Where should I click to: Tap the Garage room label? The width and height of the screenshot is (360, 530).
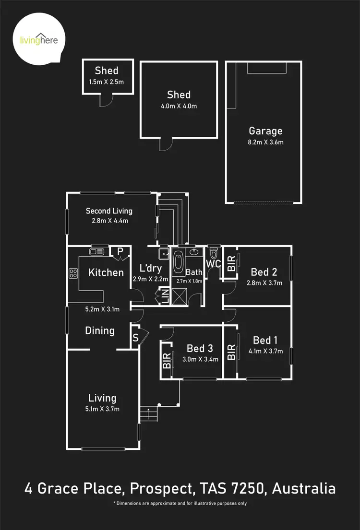click(265, 131)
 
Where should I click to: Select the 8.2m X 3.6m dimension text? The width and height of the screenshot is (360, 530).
click(265, 142)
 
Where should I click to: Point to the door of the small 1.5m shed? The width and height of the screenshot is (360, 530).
click(106, 99)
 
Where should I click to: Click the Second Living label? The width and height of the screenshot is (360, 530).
click(109, 211)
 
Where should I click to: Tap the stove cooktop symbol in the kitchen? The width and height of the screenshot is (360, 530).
click(74, 273)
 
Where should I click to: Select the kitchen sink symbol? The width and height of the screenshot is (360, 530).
click(96, 251)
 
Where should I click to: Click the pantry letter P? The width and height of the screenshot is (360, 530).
click(119, 251)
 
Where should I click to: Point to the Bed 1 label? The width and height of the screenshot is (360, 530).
click(265, 340)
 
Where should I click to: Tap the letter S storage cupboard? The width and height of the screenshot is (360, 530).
click(135, 338)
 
